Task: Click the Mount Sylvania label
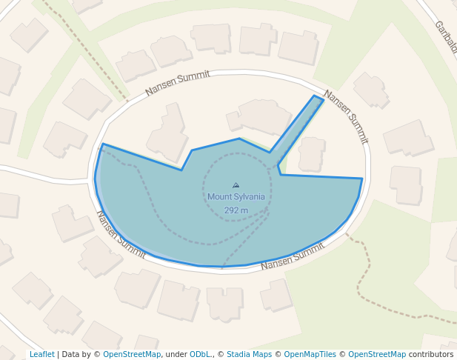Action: coord(236,197)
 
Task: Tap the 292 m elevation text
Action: coord(236,210)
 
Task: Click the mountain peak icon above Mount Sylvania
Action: coord(236,185)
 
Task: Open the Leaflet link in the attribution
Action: coord(41,355)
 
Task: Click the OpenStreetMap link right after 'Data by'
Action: coord(131,355)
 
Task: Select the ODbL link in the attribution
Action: coord(200,355)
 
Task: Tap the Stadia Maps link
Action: coord(249,355)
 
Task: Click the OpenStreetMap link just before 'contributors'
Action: coord(376,355)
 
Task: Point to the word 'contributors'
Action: coord(431,355)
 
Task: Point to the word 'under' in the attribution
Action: coord(176,355)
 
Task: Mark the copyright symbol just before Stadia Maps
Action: coord(221,355)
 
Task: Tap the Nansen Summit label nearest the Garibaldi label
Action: coord(346,117)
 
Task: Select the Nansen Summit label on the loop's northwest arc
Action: coord(177,83)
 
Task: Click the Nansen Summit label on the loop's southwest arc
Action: coord(121,234)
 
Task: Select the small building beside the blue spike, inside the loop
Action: coord(312,154)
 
